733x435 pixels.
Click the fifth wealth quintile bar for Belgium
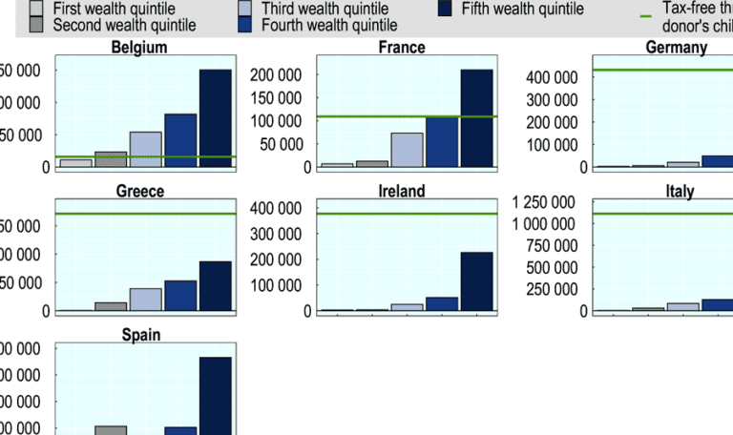(215, 118)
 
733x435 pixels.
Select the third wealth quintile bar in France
(408, 150)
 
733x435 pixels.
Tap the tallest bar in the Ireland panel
(477, 281)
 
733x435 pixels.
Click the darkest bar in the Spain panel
(215, 395)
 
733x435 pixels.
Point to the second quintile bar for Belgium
(111, 159)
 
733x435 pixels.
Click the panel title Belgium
(139, 47)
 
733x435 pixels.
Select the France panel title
(402, 47)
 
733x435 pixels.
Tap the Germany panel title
(676, 47)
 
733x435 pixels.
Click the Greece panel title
(139, 191)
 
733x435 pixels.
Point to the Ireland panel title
(402, 191)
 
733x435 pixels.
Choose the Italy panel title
(679, 191)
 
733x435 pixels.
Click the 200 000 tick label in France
(276, 74)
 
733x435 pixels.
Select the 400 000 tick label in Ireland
(276, 208)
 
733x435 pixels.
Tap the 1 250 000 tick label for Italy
(543, 201)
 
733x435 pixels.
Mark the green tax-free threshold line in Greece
(143, 214)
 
